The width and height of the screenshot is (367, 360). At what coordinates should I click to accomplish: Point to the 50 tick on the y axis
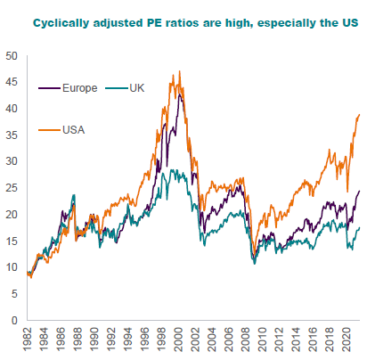[x=11, y=55]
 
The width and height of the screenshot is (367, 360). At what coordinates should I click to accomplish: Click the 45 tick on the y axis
[x=11, y=82]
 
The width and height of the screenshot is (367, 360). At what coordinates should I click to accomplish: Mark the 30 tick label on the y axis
[x=11, y=161]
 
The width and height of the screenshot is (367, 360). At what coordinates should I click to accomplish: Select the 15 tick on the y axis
[x=11, y=241]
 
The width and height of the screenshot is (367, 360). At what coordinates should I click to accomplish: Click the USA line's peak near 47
[x=180, y=71]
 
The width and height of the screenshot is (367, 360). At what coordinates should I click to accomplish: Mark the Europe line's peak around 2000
[x=180, y=94]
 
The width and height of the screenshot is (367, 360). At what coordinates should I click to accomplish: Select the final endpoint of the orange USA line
[x=360, y=115]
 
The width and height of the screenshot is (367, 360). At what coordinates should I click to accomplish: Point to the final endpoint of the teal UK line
[x=360, y=227]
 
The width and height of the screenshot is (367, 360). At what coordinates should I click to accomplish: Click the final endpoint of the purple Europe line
[x=360, y=191]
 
